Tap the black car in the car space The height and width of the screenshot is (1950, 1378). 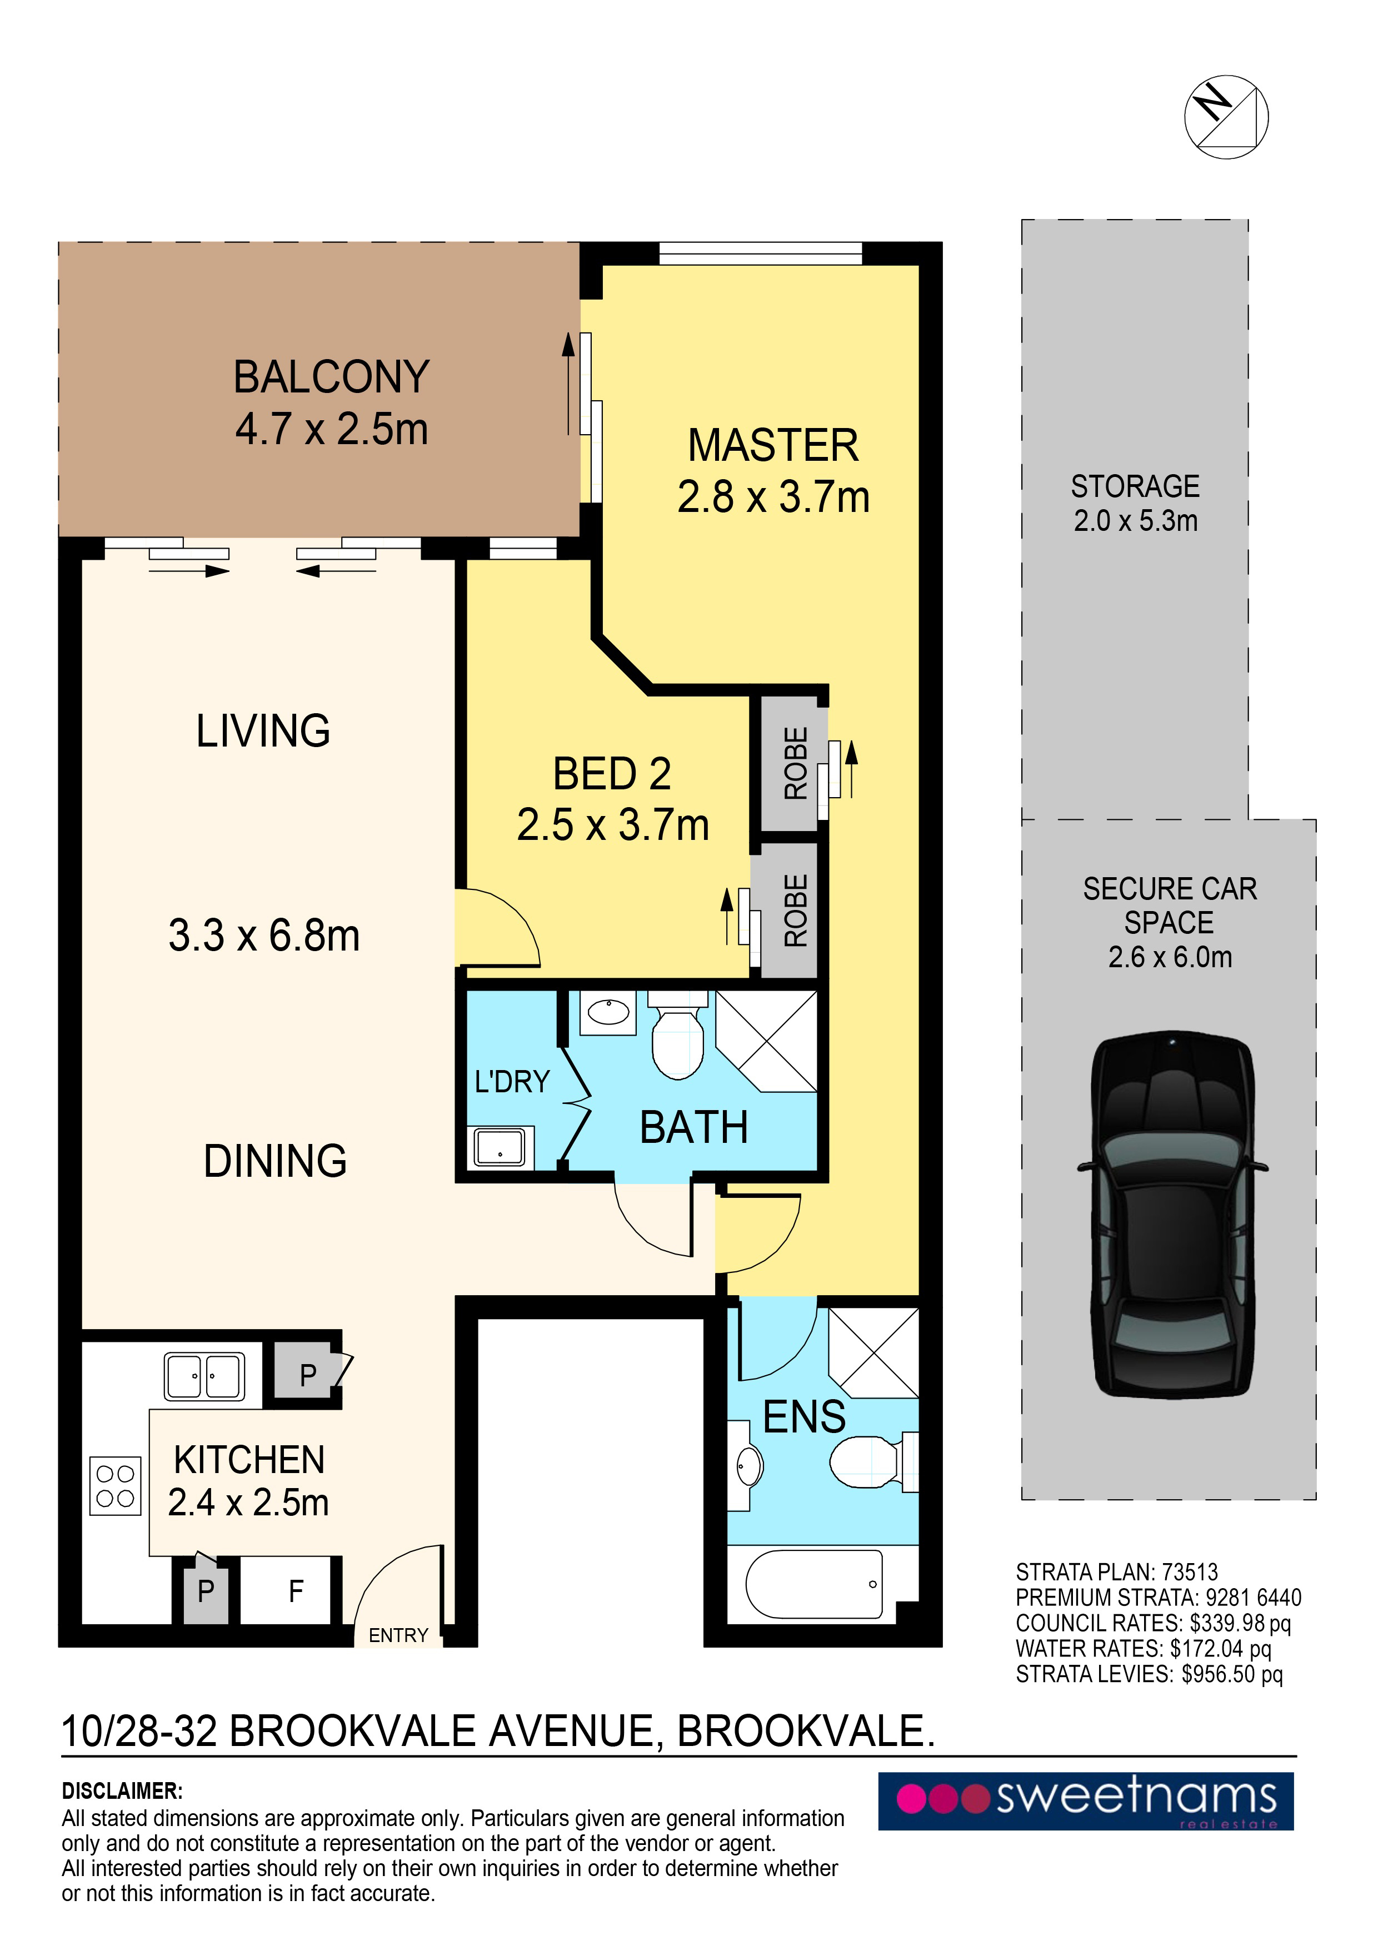click(1172, 1215)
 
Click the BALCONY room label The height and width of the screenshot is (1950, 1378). click(331, 377)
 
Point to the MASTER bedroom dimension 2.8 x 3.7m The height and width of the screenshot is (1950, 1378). click(773, 497)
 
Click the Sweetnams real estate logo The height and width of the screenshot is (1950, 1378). click(1086, 1802)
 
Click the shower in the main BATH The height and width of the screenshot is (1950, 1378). click(766, 1041)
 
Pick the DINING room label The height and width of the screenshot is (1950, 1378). click(275, 1161)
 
